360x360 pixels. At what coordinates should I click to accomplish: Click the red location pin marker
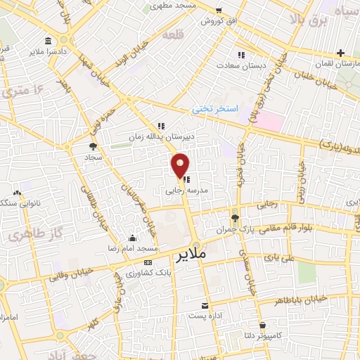click(180, 165)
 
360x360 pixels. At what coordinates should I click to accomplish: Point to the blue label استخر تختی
click(217, 109)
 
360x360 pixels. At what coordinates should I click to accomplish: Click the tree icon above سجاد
click(93, 146)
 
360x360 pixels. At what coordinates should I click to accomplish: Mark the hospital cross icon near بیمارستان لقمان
click(340, 52)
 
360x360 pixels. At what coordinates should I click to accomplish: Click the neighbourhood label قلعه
click(172, 34)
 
